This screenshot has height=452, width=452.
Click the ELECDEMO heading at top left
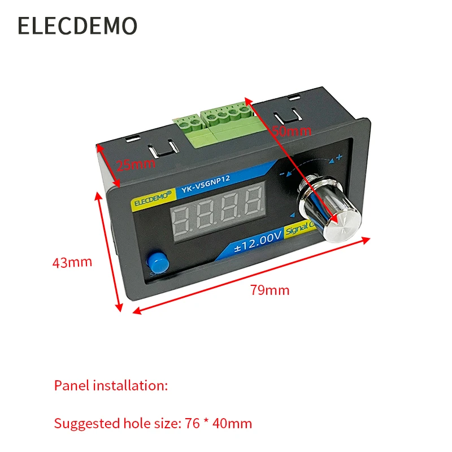click(77, 26)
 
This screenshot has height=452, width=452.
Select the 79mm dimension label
click(270, 290)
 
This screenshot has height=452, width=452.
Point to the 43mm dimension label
click(72, 262)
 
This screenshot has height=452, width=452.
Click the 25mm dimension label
click(135, 165)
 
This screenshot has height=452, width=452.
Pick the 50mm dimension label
click(292, 131)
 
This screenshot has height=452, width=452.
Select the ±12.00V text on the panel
click(258, 239)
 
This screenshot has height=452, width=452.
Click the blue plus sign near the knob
click(339, 158)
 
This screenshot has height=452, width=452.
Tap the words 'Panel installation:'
click(111, 386)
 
